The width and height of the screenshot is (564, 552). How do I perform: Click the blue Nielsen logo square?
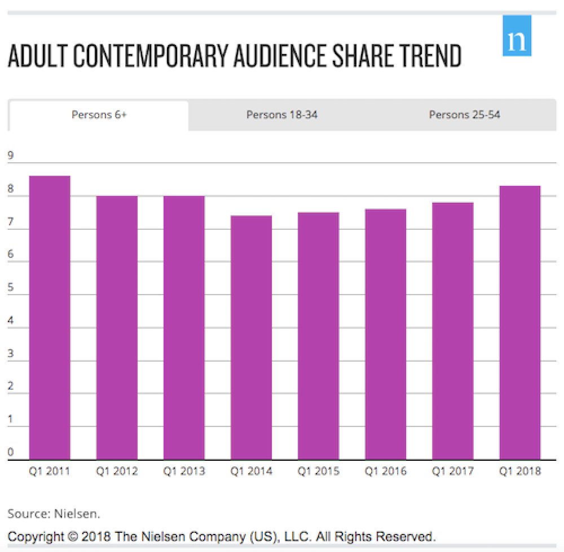[x=517, y=36]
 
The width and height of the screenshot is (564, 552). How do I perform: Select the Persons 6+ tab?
[x=99, y=115]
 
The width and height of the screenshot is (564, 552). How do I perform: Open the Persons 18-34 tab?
[x=282, y=115]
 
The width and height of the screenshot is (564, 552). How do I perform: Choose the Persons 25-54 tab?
[x=464, y=115]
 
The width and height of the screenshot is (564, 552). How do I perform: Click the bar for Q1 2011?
[x=50, y=318]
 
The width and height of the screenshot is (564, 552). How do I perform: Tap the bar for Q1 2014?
[x=251, y=337]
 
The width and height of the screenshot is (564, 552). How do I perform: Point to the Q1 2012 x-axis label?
[x=117, y=471]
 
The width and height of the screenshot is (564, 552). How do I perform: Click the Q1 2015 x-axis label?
[x=319, y=471]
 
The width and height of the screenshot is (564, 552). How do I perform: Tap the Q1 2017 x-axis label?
[x=453, y=471]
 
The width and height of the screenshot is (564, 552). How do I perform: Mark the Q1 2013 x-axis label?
[x=184, y=471]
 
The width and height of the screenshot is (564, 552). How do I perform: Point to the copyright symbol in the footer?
[x=72, y=536]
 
